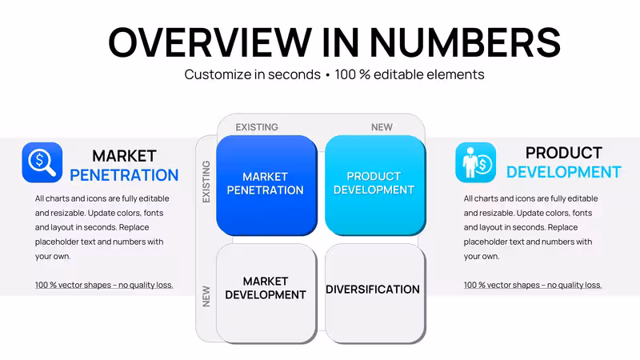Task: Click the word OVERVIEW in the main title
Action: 210,42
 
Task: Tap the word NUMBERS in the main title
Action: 466,42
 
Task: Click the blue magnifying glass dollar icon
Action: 42,162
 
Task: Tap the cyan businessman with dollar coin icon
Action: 475,162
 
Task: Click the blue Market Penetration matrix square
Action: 266,186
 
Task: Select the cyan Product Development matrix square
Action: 375,186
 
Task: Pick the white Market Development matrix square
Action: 266,294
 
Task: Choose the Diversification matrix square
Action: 375,294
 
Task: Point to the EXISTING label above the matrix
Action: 257,127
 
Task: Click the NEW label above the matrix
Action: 382,127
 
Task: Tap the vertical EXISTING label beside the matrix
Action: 206,182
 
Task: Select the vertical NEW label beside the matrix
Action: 206,296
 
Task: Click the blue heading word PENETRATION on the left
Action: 124,175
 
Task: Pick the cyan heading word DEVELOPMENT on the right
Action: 564,172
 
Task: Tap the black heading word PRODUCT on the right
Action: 564,153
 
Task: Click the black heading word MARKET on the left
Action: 124,156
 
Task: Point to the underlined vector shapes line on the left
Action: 104,285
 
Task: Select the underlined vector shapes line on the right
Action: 533,285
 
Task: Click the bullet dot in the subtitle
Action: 328,76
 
